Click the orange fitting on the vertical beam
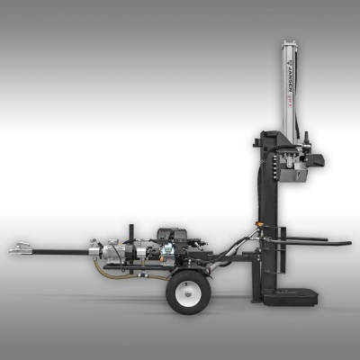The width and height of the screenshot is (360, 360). pos(263,218)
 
